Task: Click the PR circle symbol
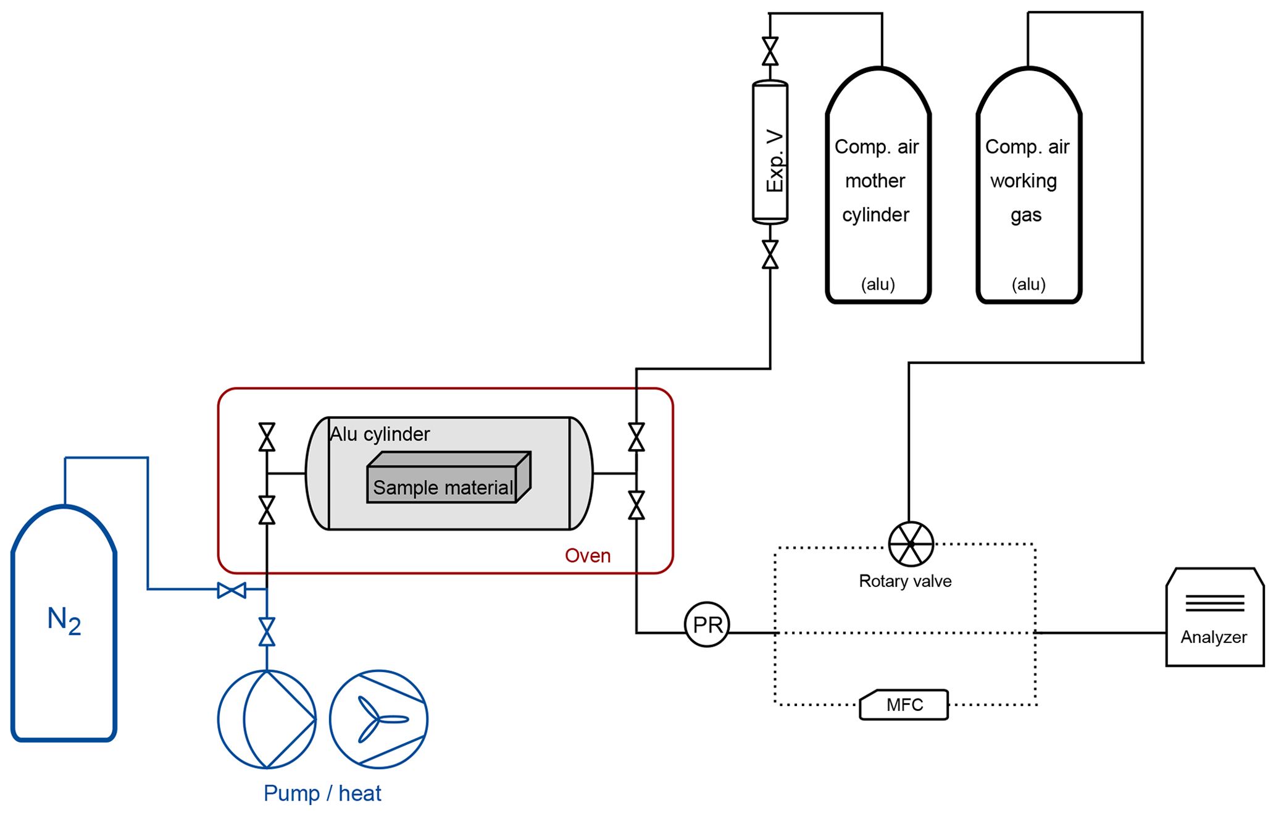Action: coord(707,625)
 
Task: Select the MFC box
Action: coord(904,705)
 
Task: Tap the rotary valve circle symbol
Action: coord(911,544)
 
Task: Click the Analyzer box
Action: coord(1214,618)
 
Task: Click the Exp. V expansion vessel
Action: coord(770,152)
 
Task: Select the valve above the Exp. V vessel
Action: coord(770,51)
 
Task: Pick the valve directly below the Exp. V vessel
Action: coord(770,254)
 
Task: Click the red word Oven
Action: coord(587,556)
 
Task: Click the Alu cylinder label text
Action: coord(380,434)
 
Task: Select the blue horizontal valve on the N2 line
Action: coord(231,591)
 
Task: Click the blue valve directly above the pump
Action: coord(267,632)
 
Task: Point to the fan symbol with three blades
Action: coord(378,719)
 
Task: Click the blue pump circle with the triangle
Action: coord(267,719)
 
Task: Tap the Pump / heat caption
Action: coord(322,793)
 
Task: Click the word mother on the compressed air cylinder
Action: coord(875,181)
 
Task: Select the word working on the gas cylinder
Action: coord(1024,181)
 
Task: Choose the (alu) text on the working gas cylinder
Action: coord(1028,284)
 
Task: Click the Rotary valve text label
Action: coord(905,581)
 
